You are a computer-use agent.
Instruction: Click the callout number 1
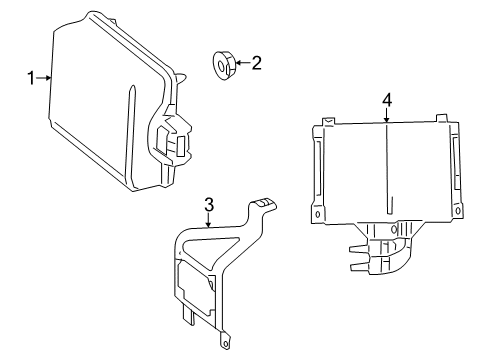pyautogui.click(x=31, y=78)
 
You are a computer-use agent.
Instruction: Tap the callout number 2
pyautogui.click(x=256, y=63)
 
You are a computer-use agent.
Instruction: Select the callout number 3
pyautogui.click(x=209, y=205)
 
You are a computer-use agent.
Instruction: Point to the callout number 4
pyautogui.click(x=387, y=100)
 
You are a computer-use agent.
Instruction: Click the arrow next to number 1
pyautogui.click(x=44, y=78)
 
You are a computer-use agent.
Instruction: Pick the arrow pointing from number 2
pyautogui.click(x=243, y=62)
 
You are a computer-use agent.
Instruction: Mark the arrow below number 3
pyautogui.click(x=208, y=220)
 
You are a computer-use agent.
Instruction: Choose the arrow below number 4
pyautogui.click(x=387, y=116)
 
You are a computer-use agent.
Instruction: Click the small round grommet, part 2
pyautogui.click(x=224, y=65)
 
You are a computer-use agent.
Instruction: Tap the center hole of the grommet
pyautogui.click(x=221, y=65)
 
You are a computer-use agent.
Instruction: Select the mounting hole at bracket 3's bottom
pyautogui.click(x=225, y=343)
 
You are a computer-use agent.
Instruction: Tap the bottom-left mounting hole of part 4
pyautogui.click(x=318, y=214)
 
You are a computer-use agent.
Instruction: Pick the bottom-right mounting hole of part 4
pyautogui.click(x=458, y=211)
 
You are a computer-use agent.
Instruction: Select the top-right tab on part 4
pyautogui.click(x=442, y=118)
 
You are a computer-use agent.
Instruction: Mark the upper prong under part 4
pyautogui.click(x=359, y=249)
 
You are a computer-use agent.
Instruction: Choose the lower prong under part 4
pyautogui.click(x=359, y=266)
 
